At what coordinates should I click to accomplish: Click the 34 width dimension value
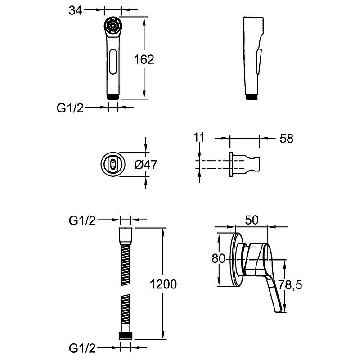(75, 10)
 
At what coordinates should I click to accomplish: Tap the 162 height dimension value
(144, 59)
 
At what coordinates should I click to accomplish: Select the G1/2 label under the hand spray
(70, 108)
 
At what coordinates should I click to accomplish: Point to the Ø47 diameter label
(146, 165)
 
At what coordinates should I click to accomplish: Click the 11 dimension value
(199, 138)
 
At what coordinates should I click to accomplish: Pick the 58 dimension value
(287, 139)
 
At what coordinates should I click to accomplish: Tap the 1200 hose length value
(163, 284)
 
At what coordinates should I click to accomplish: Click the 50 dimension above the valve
(252, 220)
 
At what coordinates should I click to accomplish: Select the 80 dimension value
(218, 258)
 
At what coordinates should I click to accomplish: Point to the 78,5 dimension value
(290, 285)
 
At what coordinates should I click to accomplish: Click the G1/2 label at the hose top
(82, 220)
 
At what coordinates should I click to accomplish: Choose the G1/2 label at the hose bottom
(82, 348)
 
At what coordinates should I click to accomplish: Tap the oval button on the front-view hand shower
(113, 62)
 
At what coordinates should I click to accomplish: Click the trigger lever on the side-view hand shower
(258, 61)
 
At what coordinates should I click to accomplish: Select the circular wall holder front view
(113, 164)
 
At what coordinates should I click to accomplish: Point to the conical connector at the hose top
(126, 236)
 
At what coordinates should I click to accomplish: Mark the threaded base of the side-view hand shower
(252, 97)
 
